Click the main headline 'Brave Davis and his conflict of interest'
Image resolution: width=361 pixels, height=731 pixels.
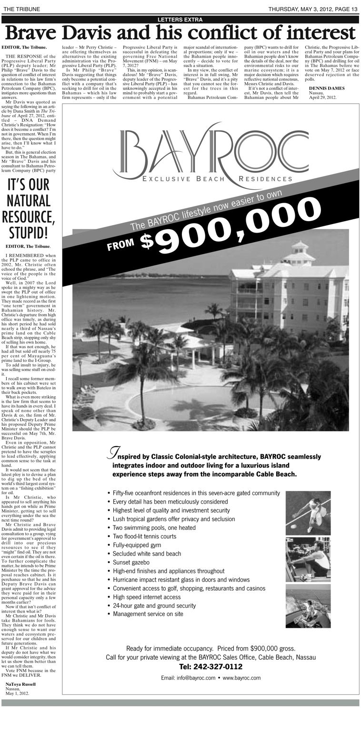click(x=180, y=33)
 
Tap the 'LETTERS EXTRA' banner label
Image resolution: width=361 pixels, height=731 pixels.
click(x=180, y=19)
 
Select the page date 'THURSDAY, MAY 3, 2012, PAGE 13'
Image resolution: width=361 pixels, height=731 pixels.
click(x=312, y=9)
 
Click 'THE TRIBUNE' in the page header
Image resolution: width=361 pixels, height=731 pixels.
click(x=21, y=9)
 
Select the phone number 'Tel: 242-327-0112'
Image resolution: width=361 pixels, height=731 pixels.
click(x=211, y=666)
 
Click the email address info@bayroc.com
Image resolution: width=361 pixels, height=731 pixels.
click(x=188, y=678)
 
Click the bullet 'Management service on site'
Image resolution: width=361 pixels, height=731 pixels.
click(x=148, y=614)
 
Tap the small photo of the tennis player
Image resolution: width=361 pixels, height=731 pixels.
click(x=308, y=513)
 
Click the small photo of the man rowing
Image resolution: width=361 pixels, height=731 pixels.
click(x=308, y=559)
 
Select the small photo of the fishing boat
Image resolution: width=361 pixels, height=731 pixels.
click(x=308, y=606)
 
